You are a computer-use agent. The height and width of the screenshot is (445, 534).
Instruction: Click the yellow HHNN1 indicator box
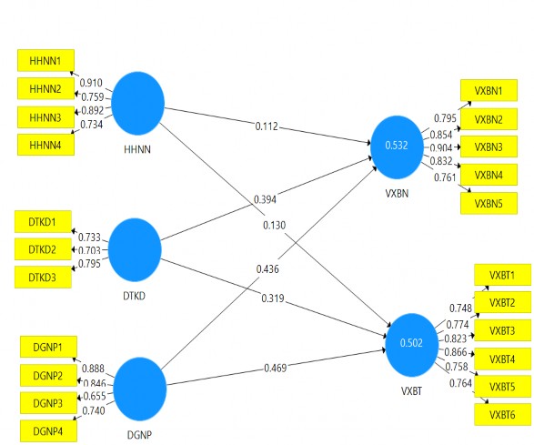coord(45,60)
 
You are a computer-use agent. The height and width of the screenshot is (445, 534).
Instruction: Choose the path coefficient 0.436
coord(269,269)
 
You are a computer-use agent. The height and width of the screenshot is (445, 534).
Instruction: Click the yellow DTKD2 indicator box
coord(43,248)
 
